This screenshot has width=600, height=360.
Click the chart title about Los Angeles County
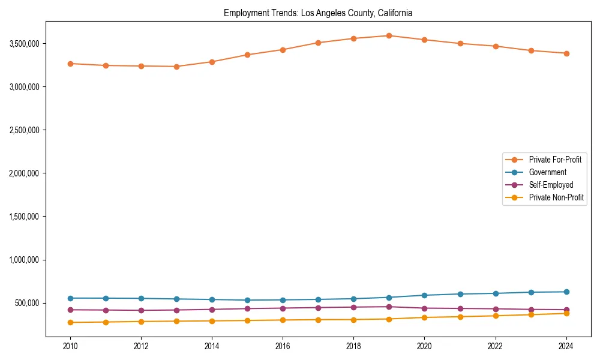point(318,13)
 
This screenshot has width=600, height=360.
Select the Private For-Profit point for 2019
point(389,36)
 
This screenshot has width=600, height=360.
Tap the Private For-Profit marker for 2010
point(70,64)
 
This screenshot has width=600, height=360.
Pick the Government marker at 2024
point(566,292)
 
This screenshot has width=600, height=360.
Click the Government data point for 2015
point(247,300)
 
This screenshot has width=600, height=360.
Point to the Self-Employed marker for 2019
point(389,307)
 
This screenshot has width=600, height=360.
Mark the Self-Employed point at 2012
point(141,310)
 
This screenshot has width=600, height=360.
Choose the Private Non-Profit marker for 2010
point(70,322)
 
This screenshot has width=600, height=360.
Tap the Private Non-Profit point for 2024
point(566,313)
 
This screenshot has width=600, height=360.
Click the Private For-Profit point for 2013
point(176,67)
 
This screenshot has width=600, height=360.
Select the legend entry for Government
point(547,172)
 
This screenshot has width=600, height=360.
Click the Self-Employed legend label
point(551,185)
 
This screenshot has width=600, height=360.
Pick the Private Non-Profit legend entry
point(556,197)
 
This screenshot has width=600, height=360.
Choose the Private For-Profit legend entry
point(555,160)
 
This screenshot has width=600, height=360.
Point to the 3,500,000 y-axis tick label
point(24,44)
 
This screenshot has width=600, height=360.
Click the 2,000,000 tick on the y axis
point(24,173)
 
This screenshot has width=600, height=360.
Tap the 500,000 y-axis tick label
point(27,303)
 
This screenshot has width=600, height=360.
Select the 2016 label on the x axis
point(283,346)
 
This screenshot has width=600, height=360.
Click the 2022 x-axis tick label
point(495,346)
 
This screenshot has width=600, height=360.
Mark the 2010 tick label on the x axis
point(70,346)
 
